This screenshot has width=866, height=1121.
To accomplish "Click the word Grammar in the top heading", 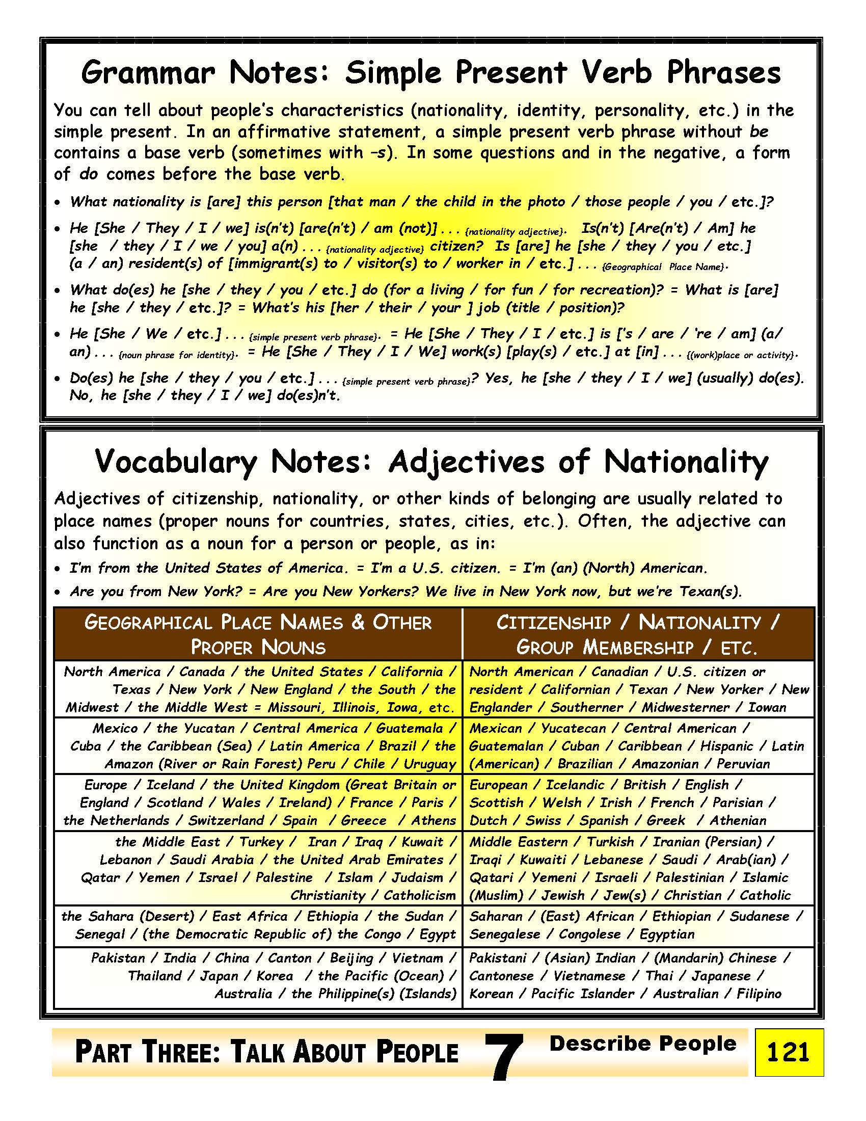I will pos(147,73).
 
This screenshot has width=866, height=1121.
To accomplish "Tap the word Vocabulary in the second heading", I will pos(175,462).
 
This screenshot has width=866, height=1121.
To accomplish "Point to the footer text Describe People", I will pos(642,1044).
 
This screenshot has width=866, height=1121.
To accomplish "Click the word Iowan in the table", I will pos(767,707).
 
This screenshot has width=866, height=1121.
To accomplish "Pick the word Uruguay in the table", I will pos(429,764).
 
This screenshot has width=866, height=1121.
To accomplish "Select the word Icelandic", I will pos(575,785).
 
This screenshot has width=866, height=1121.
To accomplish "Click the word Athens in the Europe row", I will pos(434,820).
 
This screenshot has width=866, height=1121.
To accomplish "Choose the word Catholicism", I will pos(420,895).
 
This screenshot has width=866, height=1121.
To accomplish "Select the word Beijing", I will pos(351,958).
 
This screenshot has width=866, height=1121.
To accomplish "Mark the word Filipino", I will pos(759,994).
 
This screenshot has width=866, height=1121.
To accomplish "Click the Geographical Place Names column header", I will pos(258,634).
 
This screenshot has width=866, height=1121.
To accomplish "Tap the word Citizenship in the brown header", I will pos(554,623).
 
